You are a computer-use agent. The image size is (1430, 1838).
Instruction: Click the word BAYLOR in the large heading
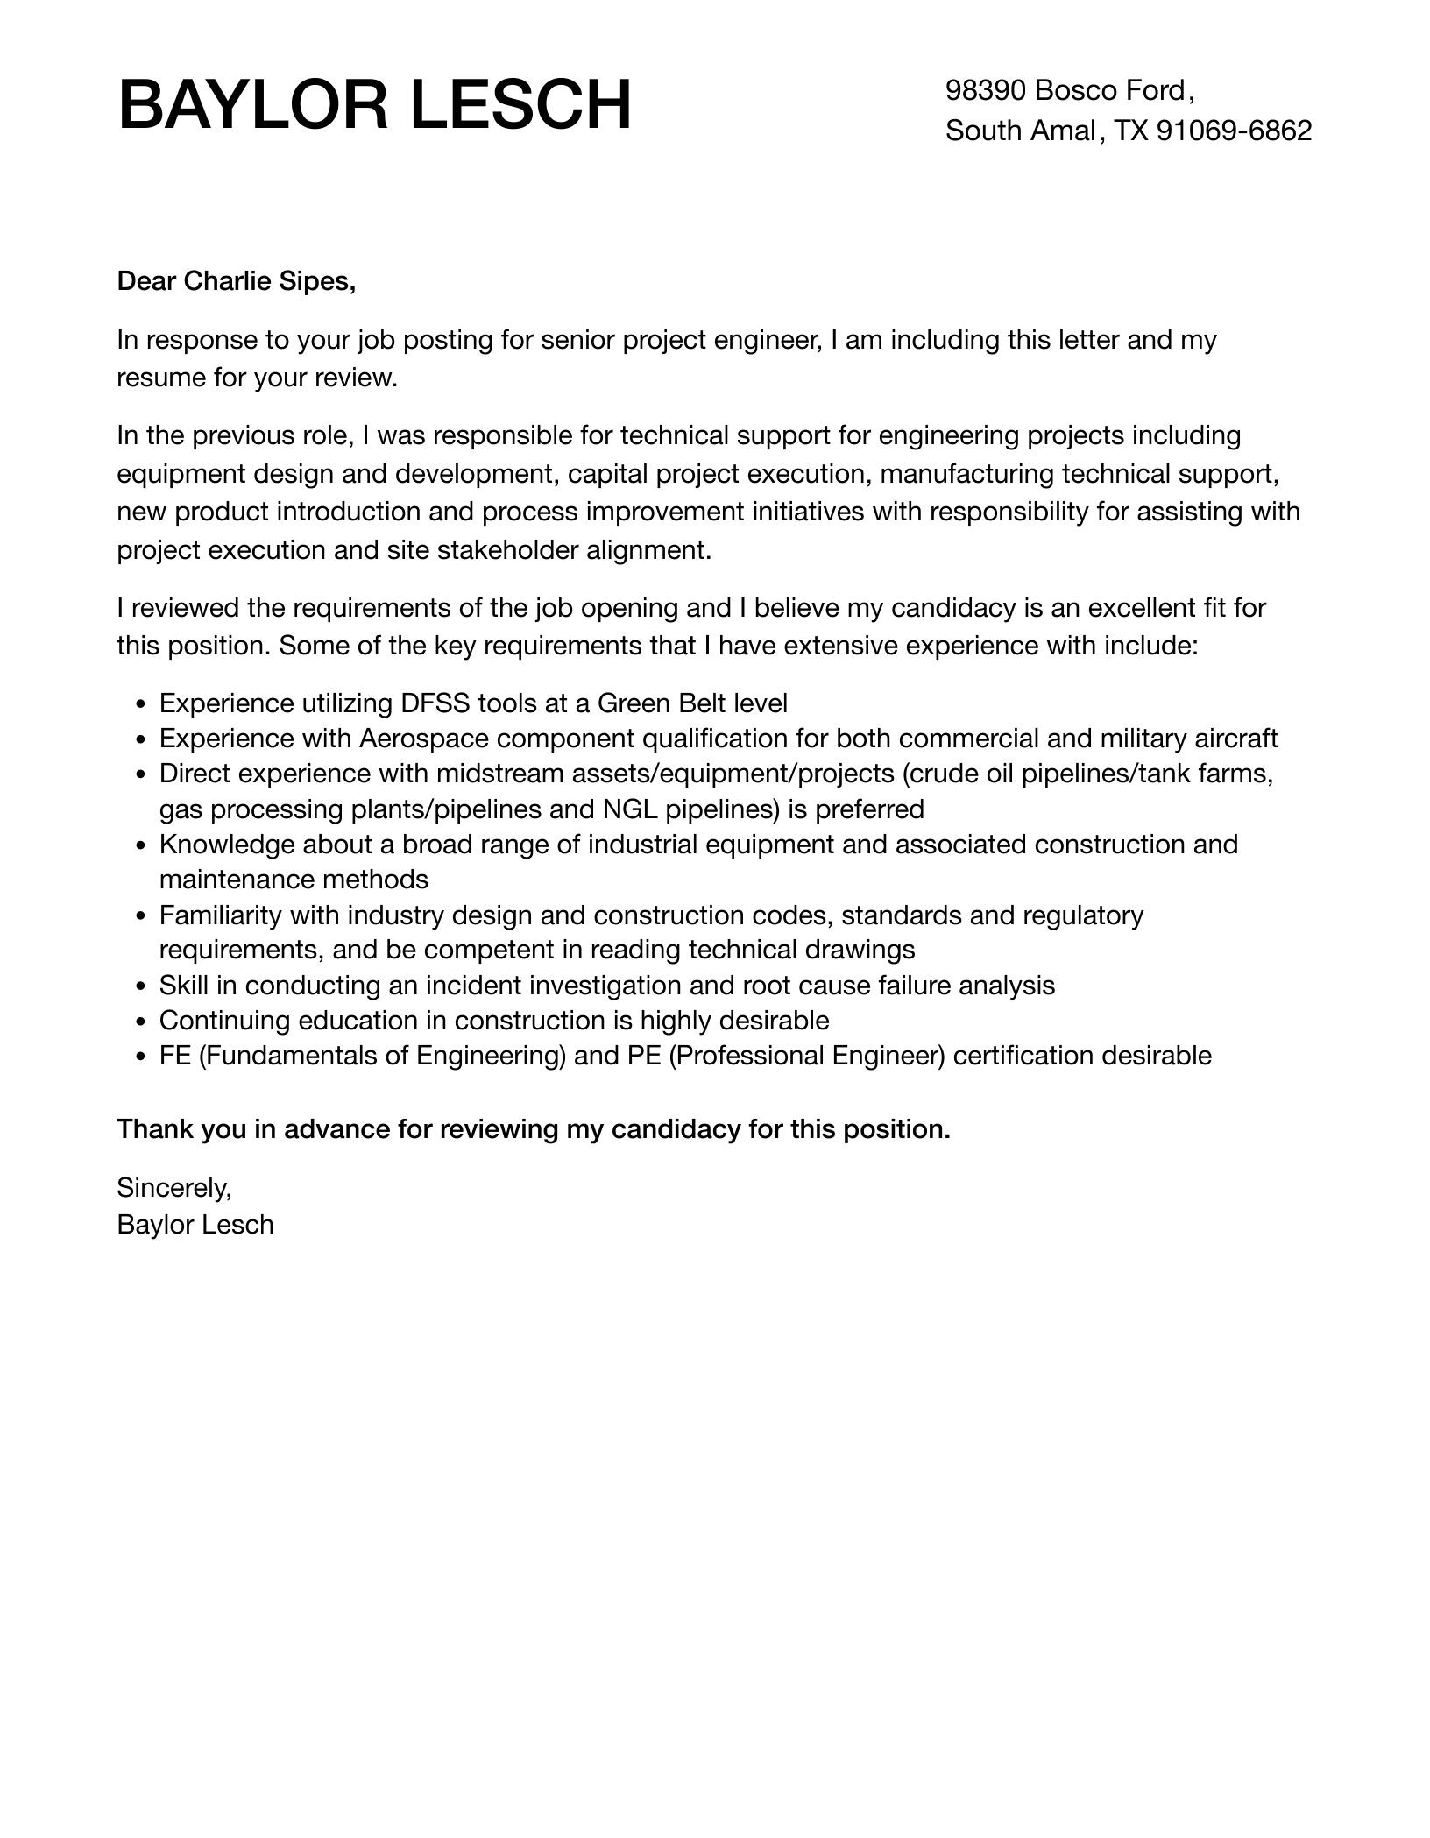pos(255,106)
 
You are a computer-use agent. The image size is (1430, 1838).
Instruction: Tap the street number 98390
pos(986,90)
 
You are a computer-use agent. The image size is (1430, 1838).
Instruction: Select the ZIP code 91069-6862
pos(1235,131)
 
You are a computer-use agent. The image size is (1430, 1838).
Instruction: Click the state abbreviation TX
pos(1131,131)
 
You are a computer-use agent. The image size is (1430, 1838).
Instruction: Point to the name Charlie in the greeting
pos(228,281)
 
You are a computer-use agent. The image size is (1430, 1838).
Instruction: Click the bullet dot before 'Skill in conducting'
pos(142,986)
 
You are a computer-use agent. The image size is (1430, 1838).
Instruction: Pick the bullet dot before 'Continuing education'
pos(142,1022)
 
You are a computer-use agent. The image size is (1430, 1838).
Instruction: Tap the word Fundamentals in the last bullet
pos(292,1056)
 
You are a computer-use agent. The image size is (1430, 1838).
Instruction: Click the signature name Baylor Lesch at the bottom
pos(195,1225)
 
